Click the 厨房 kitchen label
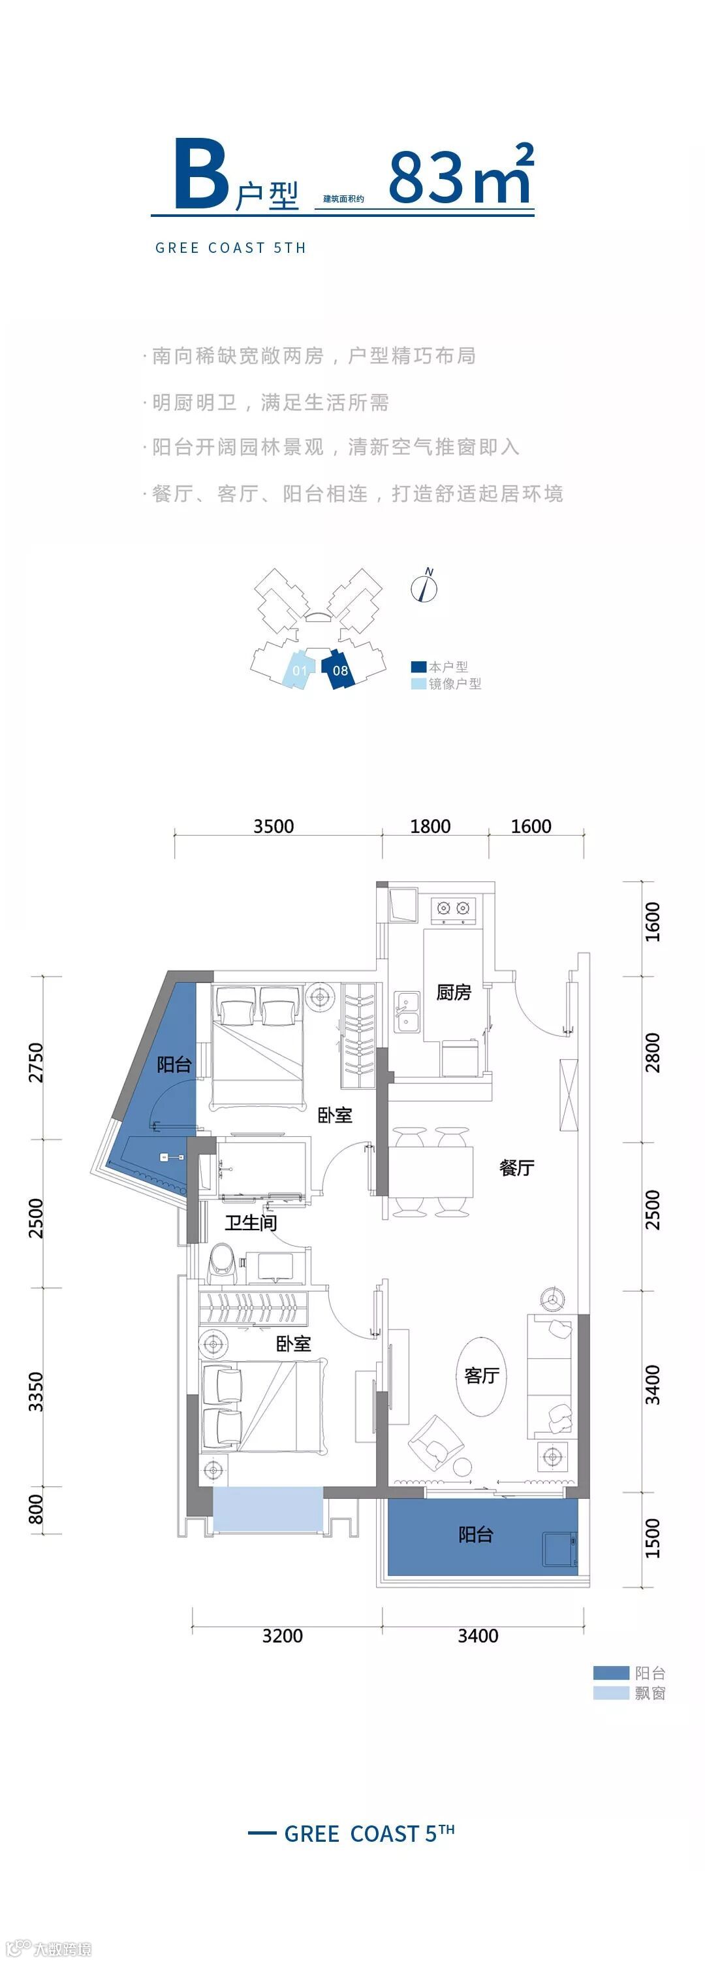coord(453,992)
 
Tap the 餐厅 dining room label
coord(516,1167)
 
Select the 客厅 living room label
coord(482,1375)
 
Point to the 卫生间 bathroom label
coord(251,1222)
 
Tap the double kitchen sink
coord(407,1011)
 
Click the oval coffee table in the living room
coord(481,1375)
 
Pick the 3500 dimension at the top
coord(274,826)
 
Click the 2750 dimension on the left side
coord(36,1062)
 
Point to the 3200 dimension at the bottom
coord(283,1635)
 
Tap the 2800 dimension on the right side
coord(653,1053)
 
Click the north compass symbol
coord(425,587)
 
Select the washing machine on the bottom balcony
coord(559,1548)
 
